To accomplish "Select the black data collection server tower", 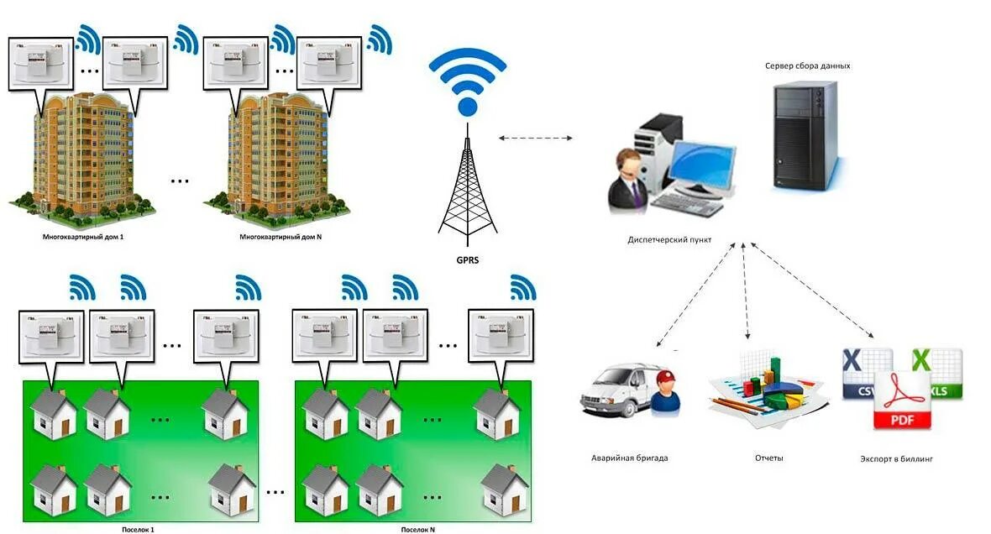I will [x=805, y=134].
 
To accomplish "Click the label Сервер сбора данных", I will [x=808, y=65].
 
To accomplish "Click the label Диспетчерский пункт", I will [x=669, y=240].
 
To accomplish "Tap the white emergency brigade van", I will [x=619, y=392].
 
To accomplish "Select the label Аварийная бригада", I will [x=629, y=458].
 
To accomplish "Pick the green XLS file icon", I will [x=938, y=374].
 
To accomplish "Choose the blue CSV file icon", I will [x=865, y=374].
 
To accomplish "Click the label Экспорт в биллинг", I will [x=897, y=459].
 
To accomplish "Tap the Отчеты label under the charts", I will [x=769, y=458].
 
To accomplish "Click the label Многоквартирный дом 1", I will [x=83, y=238].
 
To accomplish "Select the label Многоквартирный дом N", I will [x=281, y=238].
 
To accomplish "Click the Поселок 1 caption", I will [x=138, y=530].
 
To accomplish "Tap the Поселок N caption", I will [x=417, y=530].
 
